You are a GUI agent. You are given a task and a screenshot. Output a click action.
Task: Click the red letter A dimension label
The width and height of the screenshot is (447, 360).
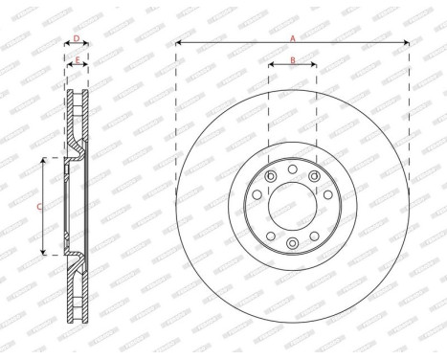point(293,36)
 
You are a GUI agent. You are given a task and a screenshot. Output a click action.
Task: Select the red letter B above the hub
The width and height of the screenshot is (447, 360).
point(293,60)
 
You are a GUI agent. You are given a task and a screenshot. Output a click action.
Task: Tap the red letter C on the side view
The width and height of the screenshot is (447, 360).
point(38,205)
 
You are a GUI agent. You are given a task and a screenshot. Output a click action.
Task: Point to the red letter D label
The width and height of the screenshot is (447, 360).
point(77,39)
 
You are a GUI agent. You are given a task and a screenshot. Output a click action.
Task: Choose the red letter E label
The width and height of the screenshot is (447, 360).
point(77,60)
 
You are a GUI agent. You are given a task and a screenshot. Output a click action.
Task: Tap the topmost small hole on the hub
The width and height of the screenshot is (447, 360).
point(293,166)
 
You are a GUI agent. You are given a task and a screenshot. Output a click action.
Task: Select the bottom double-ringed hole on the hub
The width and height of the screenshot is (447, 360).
point(293,245)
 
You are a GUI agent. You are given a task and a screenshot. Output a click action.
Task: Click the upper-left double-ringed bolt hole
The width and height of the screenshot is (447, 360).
point(272,175)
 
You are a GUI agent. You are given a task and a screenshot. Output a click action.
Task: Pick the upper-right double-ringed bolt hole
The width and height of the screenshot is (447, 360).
point(314,175)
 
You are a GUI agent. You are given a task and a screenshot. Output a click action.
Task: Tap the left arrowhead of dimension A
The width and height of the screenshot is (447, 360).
point(178,43)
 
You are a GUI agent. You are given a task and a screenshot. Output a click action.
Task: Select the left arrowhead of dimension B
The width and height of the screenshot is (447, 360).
point(270,67)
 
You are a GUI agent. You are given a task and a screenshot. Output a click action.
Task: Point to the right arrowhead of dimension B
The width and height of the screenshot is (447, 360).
point(315,67)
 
